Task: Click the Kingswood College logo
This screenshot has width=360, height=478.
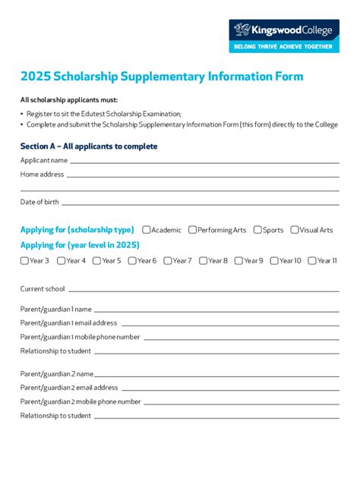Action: [x=285, y=30]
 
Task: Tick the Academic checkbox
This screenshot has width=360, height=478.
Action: [x=146, y=230]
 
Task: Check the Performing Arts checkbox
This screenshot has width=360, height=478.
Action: [x=193, y=230]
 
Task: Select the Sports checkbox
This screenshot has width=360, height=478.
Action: [x=257, y=230]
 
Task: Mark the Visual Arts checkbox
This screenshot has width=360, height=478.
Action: [x=295, y=230]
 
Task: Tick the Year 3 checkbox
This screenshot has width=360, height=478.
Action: [x=24, y=261]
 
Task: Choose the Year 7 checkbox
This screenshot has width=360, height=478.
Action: [x=167, y=261]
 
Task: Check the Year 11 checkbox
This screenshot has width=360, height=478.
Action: [x=312, y=261]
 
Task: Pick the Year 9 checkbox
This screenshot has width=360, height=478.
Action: [x=238, y=261]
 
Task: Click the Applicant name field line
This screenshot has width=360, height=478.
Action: [x=204, y=162]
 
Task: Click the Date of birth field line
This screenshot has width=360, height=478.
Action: [x=199, y=204]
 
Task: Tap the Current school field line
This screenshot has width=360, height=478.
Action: [x=202, y=291]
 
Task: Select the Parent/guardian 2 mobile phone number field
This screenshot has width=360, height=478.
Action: [x=240, y=404]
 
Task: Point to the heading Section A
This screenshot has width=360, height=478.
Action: [x=89, y=146]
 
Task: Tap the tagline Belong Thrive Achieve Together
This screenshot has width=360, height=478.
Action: [x=285, y=46]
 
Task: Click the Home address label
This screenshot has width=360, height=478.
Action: [x=42, y=175]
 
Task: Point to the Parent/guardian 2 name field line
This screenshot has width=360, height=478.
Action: [x=217, y=376]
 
